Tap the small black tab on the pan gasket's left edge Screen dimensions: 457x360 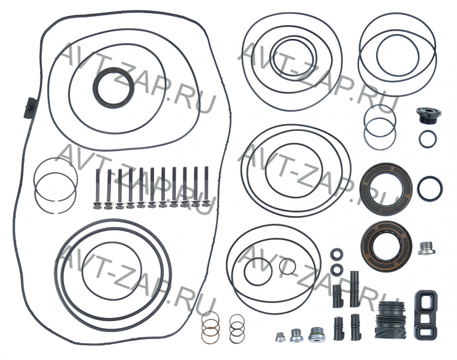pyautogui.click(x=30, y=108)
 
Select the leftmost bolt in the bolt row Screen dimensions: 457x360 pyautogui.click(x=97, y=190)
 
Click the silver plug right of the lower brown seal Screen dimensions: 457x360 pyautogui.click(x=427, y=248)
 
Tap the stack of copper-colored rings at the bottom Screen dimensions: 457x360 pyautogui.click(x=211, y=326)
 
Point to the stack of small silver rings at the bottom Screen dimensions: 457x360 pyautogui.click(x=237, y=328)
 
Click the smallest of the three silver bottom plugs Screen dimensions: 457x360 pyautogui.click(x=280, y=337)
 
